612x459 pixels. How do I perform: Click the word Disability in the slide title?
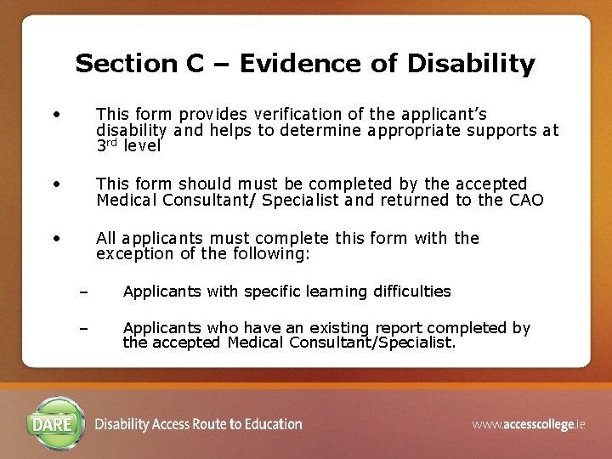click(x=470, y=64)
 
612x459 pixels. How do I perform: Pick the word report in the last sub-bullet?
click(x=396, y=328)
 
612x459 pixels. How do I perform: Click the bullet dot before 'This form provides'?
click(x=55, y=112)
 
